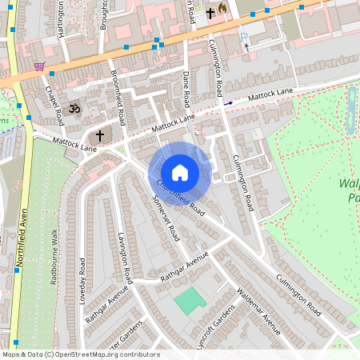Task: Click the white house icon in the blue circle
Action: [x=180, y=173]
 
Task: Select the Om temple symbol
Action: [x=77, y=107]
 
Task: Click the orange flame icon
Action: [x=222, y=10]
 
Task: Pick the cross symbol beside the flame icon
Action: [x=210, y=13]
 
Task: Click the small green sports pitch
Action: [x=190, y=301]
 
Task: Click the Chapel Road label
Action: [x=54, y=106]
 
